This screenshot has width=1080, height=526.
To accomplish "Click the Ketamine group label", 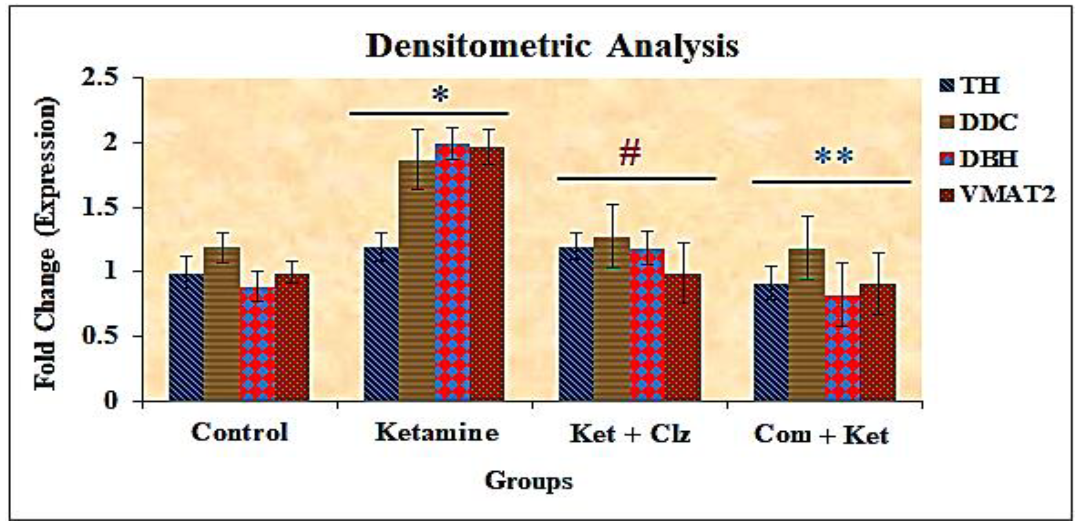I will pos(437,433).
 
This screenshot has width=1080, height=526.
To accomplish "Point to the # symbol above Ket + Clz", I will pos(630,154).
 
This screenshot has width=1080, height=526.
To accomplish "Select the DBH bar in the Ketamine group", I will pos(452,272).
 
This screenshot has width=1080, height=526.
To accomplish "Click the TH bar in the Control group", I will pos(186,338).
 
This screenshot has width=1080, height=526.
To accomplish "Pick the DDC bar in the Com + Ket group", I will pos(807,325).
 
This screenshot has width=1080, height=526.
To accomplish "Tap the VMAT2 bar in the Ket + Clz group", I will pos(683,338).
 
